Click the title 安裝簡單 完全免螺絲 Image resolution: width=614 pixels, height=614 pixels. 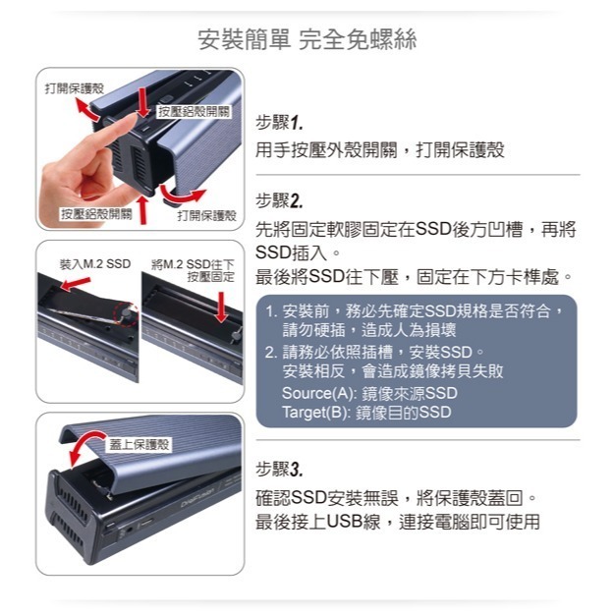[x=307, y=40]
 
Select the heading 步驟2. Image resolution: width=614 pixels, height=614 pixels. [x=278, y=201]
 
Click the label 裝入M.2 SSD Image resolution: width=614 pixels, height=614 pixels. [x=94, y=264]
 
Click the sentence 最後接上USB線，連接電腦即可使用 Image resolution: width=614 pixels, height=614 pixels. [x=397, y=522]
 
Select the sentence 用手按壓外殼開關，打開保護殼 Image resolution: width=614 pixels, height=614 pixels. [x=379, y=150]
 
